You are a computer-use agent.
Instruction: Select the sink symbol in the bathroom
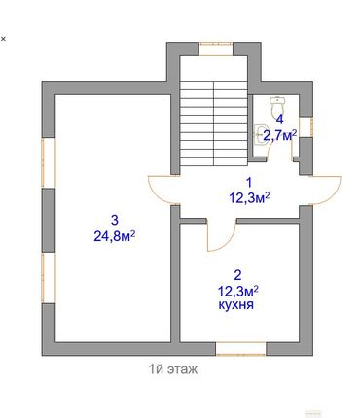click(260, 136)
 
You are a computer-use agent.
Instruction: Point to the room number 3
click(114, 218)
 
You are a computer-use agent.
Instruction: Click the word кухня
click(237, 304)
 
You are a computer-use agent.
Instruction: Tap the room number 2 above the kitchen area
click(236, 274)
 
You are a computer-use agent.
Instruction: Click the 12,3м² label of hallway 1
click(249, 197)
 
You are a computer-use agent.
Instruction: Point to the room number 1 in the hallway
click(247, 182)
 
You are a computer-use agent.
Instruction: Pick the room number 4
click(279, 120)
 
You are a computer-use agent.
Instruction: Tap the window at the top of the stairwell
click(214, 46)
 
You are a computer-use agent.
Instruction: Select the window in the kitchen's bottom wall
click(241, 348)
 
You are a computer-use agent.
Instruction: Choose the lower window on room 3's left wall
click(44, 282)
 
